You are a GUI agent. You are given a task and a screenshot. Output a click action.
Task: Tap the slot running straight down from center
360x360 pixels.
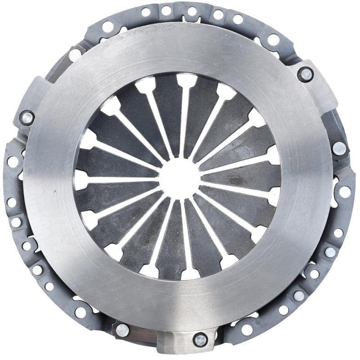tap(182, 234)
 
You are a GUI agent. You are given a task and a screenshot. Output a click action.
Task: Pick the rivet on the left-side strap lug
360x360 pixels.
tap(27, 118)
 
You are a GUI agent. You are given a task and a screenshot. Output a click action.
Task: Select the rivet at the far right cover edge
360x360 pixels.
tap(339, 148)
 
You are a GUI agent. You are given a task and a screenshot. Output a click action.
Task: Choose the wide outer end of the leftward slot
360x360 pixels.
tap(81, 180)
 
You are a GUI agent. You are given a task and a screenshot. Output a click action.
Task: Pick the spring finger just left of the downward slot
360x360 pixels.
tap(166, 238)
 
